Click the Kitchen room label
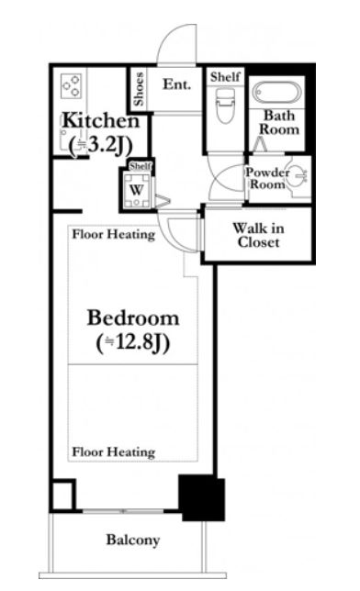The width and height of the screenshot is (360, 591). coord(101,120)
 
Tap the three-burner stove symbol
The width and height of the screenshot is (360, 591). coord(72,86)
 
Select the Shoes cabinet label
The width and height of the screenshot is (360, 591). coord(139,89)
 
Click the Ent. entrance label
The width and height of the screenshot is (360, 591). coord(176,84)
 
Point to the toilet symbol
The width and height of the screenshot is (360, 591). coord(225,106)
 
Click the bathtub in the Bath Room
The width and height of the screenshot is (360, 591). coord(277,93)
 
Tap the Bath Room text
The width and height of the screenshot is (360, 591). coord(279,122)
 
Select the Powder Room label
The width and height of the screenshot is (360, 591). coord(267,178)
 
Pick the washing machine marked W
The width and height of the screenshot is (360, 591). coord(137,190)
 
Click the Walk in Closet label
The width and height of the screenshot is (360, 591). coord(258,235)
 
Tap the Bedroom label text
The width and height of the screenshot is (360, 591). coord(133,318)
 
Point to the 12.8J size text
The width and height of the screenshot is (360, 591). coord(133,342)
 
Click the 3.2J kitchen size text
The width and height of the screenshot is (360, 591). coord(101,144)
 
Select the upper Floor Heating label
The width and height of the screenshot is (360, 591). coord(114,234)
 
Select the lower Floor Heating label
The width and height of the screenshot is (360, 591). coord(114,452)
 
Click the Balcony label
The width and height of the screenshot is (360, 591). coord(133,540)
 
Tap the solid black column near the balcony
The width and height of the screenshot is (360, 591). coord(202,497)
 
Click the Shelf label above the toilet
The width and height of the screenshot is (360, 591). coord(225,77)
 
